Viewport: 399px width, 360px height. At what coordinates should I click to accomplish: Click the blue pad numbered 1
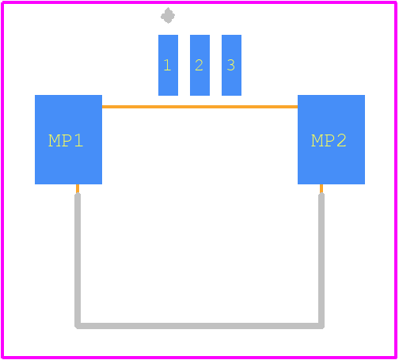[168, 65]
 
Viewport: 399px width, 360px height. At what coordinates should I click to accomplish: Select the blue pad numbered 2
[199, 65]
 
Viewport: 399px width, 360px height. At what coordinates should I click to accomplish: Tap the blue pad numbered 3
[231, 65]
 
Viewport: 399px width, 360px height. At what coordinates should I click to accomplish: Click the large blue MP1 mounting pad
[68, 139]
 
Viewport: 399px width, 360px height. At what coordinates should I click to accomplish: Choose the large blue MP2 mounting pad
[331, 139]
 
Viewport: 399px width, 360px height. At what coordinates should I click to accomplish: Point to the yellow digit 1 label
[167, 65]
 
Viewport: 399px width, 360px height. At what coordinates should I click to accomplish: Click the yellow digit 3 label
[231, 65]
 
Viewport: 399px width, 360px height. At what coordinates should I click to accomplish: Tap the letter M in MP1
[55, 140]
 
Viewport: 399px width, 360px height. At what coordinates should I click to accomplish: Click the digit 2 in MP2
[341, 140]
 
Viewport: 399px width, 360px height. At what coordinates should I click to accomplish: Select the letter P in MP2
[330, 140]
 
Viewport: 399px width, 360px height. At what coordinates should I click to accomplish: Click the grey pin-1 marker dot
[168, 16]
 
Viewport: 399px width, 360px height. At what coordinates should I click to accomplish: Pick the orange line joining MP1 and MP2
[199, 107]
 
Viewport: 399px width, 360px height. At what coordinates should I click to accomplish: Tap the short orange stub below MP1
[78, 188]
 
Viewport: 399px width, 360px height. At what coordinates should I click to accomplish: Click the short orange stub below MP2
[321, 188]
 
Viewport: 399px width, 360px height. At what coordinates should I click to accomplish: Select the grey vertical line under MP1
[78, 260]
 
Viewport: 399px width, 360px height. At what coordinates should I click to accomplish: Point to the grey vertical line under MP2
[321, 260]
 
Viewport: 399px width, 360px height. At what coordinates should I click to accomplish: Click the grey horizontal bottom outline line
[199, 326]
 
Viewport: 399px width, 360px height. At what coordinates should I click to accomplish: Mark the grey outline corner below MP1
[78, 326]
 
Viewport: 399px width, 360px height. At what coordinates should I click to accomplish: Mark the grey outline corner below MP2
[321, 326]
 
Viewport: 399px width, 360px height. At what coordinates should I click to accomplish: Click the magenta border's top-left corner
[2, 2]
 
